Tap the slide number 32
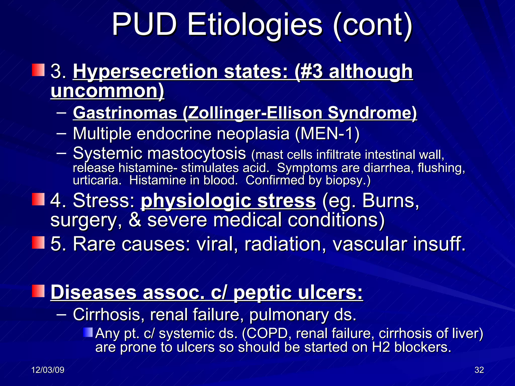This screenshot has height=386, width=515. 479,370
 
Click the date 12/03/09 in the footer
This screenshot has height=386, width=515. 48,370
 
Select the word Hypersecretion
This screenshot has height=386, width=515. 145,72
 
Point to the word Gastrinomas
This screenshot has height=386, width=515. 125,113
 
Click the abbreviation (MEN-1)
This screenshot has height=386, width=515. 327,133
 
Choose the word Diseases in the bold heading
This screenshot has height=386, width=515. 93,292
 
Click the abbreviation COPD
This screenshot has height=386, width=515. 268,333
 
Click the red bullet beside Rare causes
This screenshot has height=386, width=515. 38,243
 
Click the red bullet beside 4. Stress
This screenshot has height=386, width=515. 38,199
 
